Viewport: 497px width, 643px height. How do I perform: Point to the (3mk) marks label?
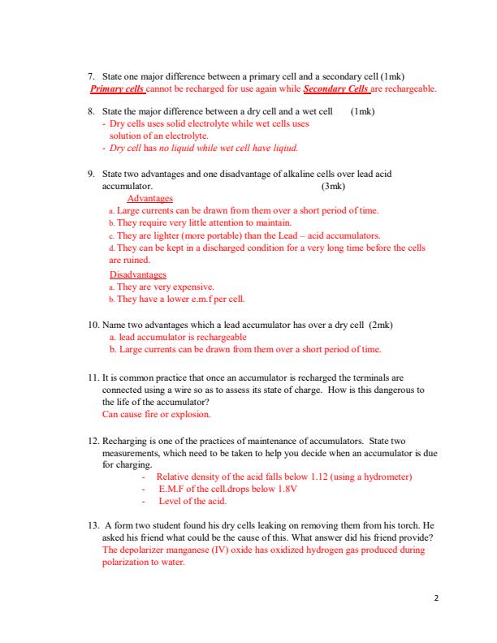(x=335, y=186)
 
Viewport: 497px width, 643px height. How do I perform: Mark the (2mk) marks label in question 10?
(x=381, y=325)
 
